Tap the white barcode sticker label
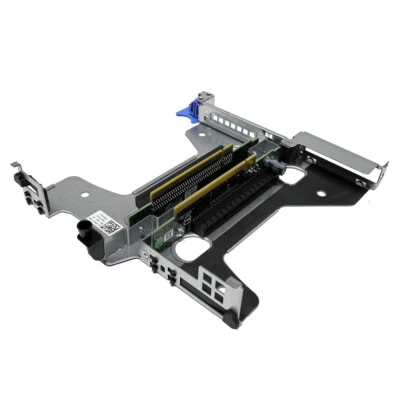(x=104, y=222)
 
